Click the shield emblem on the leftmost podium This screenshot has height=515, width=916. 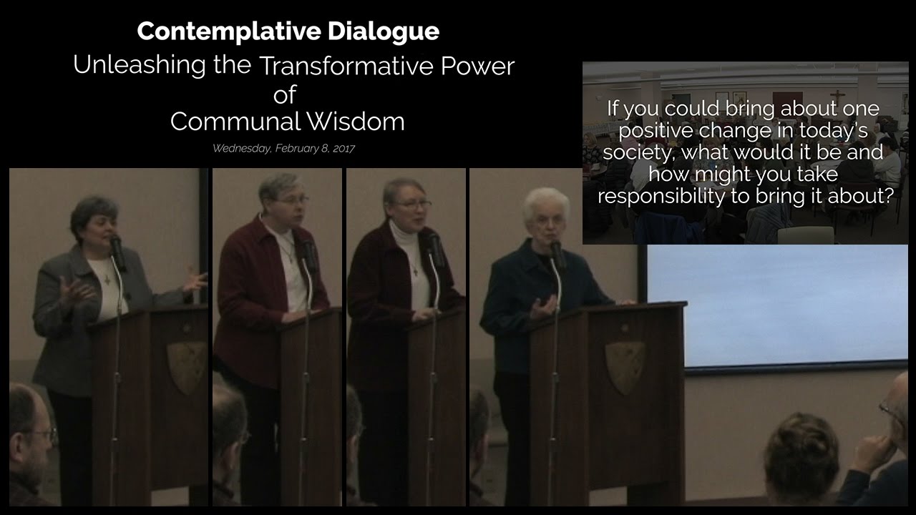click(187, 367)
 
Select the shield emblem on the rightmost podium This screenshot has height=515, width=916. click(623, 366)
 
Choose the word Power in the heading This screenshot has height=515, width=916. click(487, 66)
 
